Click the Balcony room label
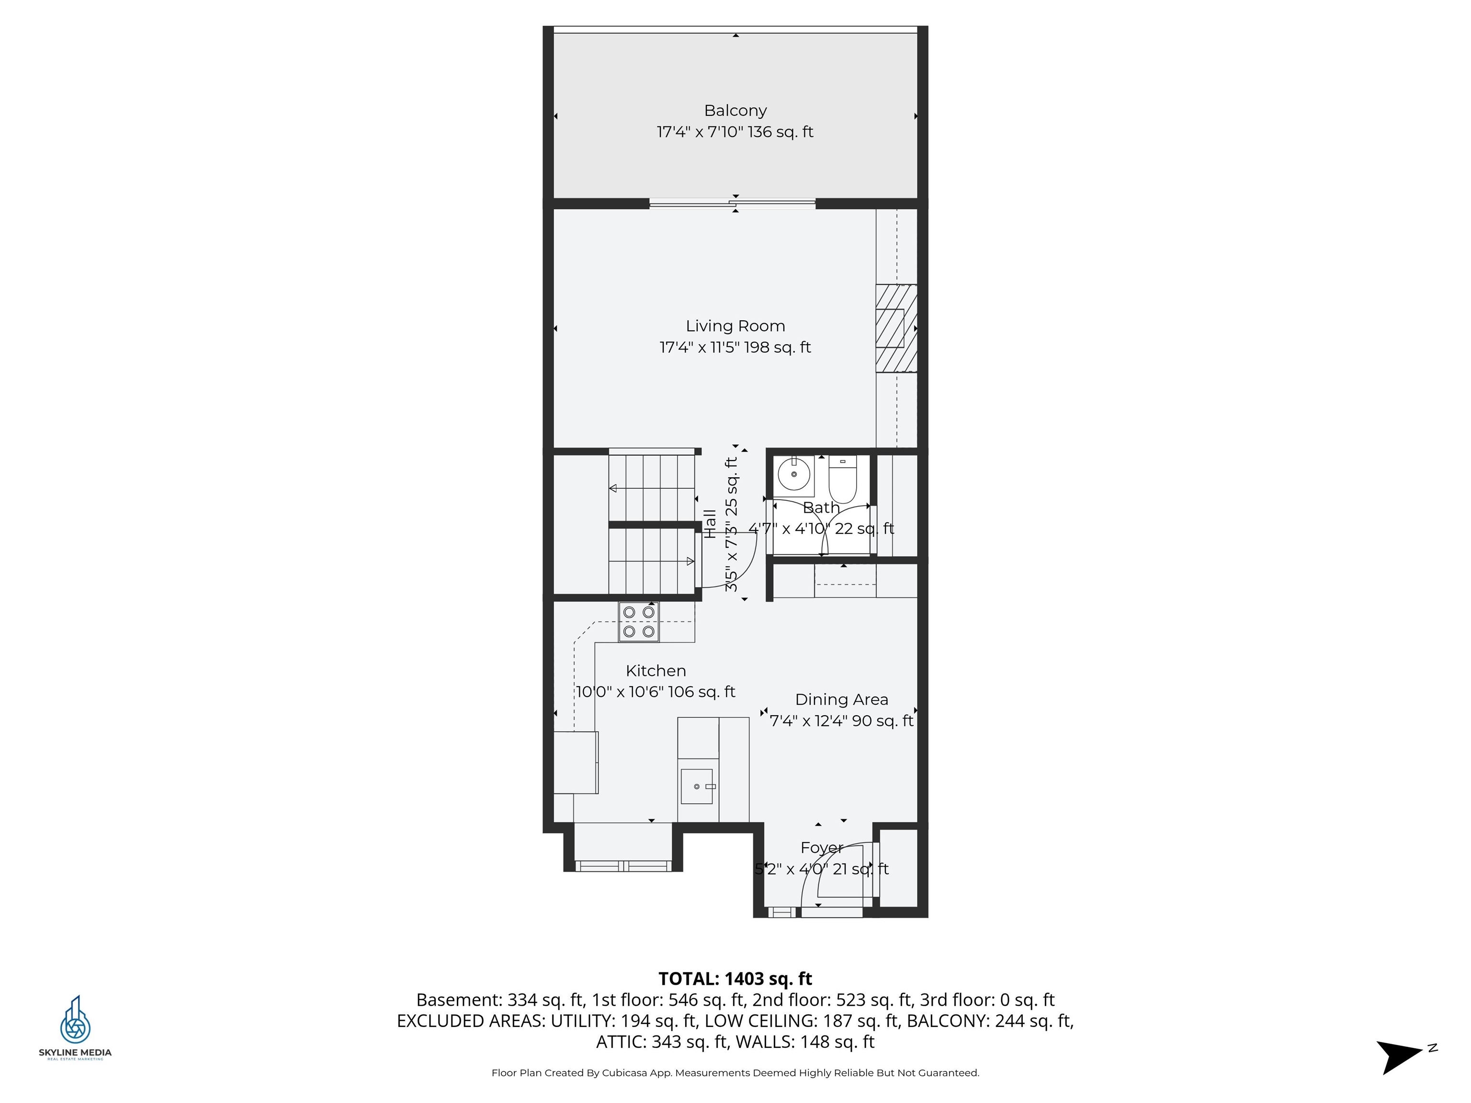(x=735, y=111)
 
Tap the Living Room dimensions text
(x=735, y=347)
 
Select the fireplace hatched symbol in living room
(x=896, y=328)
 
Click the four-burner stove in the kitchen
(x=638, y=622)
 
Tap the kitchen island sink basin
(x=696, y=787)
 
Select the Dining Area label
(x=841, y=699)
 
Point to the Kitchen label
(x=655, y=671)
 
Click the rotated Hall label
(x=710, y=524)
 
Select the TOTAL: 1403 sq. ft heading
(x=735, y=979)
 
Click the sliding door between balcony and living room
(x=732, y=204)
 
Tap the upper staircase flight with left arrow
(x=651, y=488)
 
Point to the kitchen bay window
(x=622, y=866)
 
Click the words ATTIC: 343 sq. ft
(x=662, y=1042)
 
